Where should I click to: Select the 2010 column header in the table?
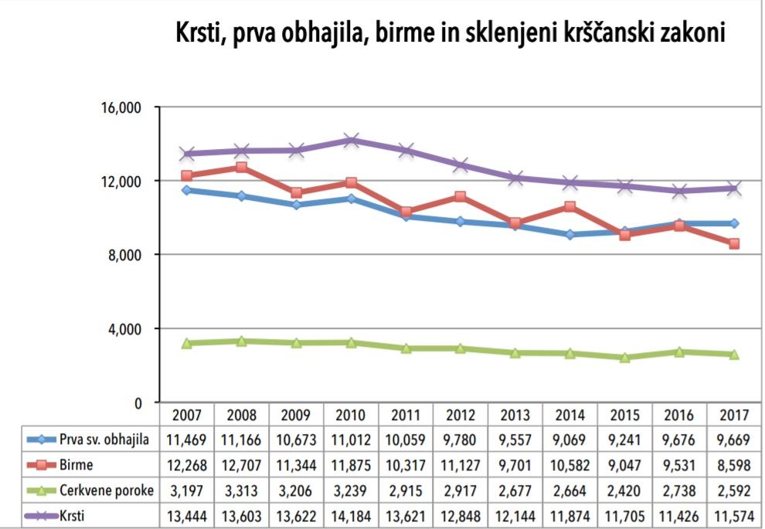(351, 415)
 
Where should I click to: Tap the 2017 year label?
(734, 415)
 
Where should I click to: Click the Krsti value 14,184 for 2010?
(351, 515)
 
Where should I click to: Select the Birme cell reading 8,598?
(734, 465)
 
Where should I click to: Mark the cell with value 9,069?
(570, 439)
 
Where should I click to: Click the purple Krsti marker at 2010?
(352, 141)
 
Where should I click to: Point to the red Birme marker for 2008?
(242, 168)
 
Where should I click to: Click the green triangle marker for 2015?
(625, 358)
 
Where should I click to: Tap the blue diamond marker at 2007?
(186, 190)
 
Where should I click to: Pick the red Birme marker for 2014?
(570, 207)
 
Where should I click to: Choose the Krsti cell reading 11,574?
(734, 515)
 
